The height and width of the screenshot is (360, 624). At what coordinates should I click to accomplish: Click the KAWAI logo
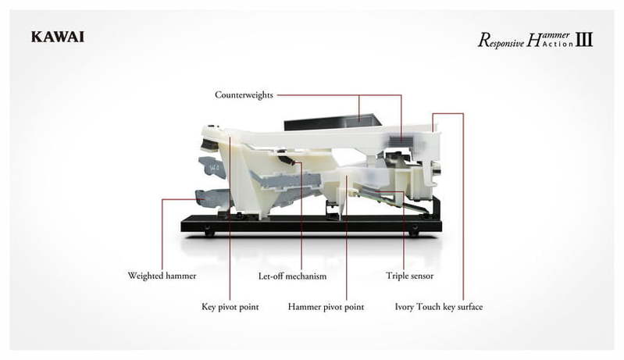click(58, 37)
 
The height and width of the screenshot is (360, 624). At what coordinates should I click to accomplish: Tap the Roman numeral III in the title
click(584, 39)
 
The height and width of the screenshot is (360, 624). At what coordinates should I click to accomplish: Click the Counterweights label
click(244, 95)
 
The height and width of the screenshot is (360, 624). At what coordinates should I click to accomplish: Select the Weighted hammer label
click(162, 276)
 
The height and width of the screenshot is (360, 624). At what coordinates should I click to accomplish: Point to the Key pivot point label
click(230, 307)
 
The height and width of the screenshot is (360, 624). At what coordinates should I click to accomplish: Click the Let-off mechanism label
click(293, 276)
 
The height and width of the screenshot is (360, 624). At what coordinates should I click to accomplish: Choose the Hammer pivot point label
click(326, 307)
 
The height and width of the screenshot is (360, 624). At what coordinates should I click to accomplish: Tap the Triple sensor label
click(409, 276)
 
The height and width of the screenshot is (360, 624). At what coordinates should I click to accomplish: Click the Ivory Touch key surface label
click(439, 307)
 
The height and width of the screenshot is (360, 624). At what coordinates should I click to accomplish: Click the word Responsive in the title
click(501, 41)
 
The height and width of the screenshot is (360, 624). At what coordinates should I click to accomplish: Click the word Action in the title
click(558, 44)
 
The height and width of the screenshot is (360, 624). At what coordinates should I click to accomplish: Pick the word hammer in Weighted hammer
click(181, 276)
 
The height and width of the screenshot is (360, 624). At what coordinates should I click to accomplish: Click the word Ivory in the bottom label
click(405, 307)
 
